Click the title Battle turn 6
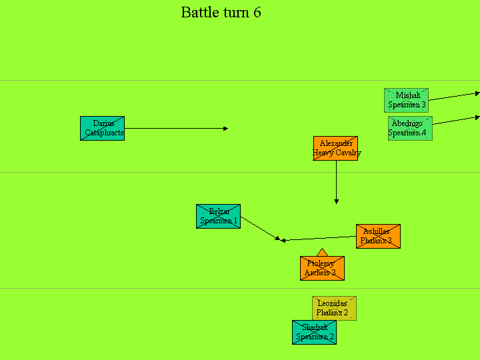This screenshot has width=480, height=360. click(x=221, y=13)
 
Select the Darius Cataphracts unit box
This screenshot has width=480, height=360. click(x=102, y=128)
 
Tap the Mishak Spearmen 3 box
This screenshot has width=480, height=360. click(x=406, y=100)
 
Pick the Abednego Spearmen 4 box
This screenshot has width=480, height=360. click(x=410, y=128)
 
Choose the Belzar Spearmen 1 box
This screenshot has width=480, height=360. click(x=218, y=216)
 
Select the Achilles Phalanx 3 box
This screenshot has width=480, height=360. click(x=378, y=236)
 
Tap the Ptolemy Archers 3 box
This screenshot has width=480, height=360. click(x=322, y=268)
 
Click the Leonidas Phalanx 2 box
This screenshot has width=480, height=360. click(x=334, y=308)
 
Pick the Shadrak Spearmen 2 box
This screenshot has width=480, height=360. click(x=314, y=332)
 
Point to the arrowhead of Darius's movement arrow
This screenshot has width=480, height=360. click(x=226, y=128)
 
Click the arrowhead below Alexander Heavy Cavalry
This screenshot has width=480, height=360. click(x=336, y=201)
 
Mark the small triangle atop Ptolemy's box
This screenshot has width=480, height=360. click(x=322, y=253)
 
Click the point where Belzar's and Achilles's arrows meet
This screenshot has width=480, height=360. click(x=282, y=240)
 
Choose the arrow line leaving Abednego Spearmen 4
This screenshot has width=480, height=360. click(x=457, y=120)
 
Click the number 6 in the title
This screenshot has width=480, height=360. click(x=257, y=13)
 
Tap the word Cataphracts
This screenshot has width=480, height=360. click(x=104, y=133)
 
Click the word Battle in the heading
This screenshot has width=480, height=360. click(x=197, y=13)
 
